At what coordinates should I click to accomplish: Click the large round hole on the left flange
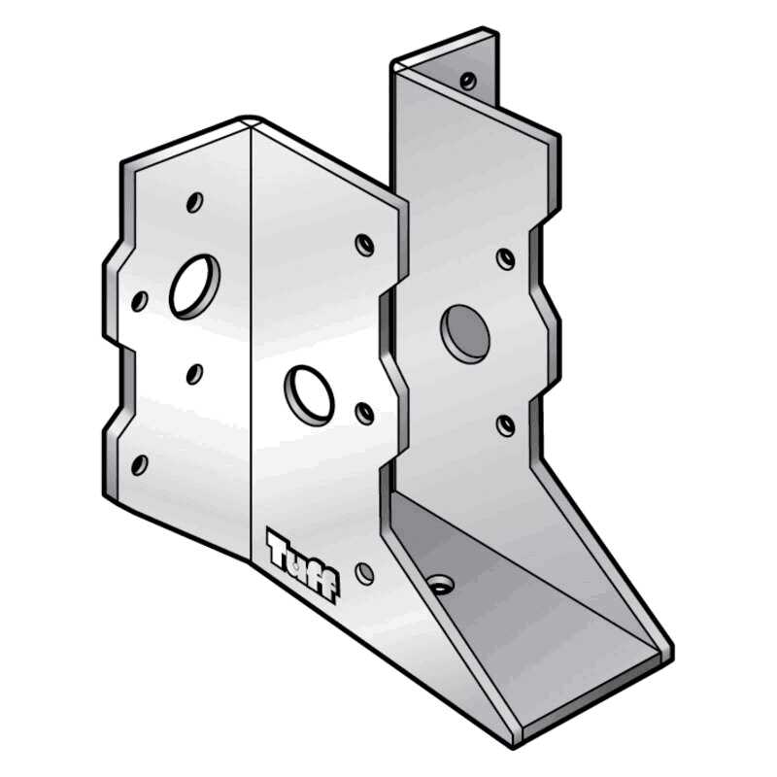194,286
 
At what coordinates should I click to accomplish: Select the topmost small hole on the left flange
194,202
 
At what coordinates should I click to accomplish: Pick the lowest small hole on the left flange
140,464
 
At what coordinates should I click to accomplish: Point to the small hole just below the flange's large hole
194,373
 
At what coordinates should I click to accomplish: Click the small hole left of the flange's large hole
140,301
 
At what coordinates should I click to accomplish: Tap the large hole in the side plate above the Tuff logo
309,393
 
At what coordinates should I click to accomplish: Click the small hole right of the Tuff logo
364,573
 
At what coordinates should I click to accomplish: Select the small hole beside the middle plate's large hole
365,414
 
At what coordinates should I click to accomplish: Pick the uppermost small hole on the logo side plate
364,244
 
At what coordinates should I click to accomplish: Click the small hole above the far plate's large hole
505,258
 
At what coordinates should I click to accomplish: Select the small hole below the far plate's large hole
505,424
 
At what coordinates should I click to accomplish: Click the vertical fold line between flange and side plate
252,340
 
